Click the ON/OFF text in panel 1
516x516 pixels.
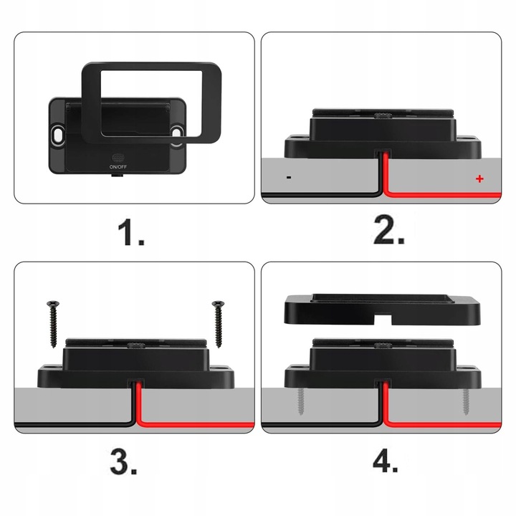click(118, 167)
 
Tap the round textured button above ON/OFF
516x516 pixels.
click(118, 158)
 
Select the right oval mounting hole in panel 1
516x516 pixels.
click(177, 134)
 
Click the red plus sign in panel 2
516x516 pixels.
click(479, 178)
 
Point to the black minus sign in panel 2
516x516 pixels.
click(289, 178)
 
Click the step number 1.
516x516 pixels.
click(131, 233)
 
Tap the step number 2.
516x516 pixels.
click(389, 230)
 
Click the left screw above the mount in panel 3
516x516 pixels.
click(53, 324)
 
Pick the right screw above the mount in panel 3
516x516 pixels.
click(218, 324)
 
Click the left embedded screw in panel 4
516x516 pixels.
click(300, 401)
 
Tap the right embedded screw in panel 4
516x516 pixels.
click(465, 401)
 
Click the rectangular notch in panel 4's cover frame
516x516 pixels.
click(383, 318)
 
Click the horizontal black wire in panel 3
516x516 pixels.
click(75, 424)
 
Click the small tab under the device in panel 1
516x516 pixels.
click(118, 176)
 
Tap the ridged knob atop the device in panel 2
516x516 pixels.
click(383, 115)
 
